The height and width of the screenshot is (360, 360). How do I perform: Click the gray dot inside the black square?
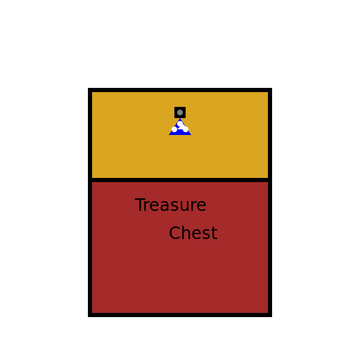(180, 112)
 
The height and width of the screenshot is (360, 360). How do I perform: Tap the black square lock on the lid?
(180, 112)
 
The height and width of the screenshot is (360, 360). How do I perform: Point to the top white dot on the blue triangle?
(180, 124)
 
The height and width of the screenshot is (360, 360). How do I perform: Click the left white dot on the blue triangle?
(174, 129)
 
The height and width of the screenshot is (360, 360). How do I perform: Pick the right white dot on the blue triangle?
(186, 129)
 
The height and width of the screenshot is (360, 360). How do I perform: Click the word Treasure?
(171, 205)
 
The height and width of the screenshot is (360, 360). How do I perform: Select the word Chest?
(193, 233)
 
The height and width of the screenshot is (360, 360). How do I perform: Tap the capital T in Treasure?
(140, 205)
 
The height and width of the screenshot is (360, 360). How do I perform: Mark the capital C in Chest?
(175, 233)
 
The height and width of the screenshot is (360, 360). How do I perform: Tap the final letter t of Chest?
(214, 233)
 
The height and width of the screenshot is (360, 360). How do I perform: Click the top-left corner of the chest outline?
(88, 89)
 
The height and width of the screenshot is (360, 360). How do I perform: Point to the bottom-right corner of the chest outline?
(271, 316)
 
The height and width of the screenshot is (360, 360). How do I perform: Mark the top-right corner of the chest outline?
(271, 89)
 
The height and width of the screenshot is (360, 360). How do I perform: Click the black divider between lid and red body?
(180, 180)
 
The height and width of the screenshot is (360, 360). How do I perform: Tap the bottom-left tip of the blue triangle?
(169, 135)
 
